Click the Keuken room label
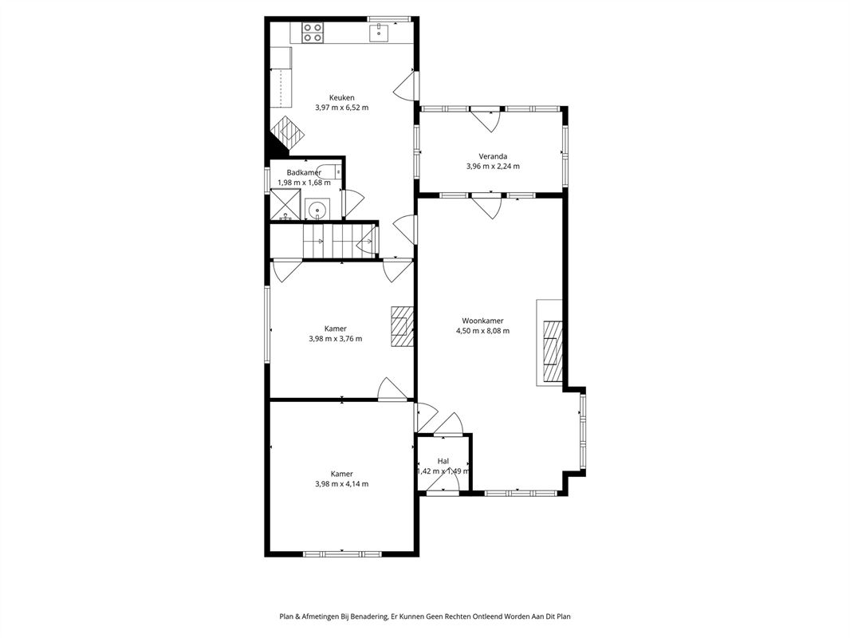pyautogui.click(x=341, y=97)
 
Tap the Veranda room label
pyautogui.click(x=493, y=156)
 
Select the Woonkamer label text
pyautogui.click(x=482, y=321)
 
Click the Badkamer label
pyautogui.click(x=304, y=172)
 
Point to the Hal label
pyautogui.click(x=443, y=461)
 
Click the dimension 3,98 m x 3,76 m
pyautogui.click(x=336, y=339)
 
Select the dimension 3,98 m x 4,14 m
pyautogui.click(x=341, y=484)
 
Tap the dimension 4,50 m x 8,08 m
pyautogui.click(x=482, y=331)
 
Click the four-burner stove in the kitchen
pyautogui.click(x=313, y=33)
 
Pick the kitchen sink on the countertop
pyautogui.click(x=380, y=33)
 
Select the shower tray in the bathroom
pyautogui.click(x=285, y=204)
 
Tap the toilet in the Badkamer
pyautogui.click(x=329, y=171)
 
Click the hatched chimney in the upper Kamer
pyautogui.click(x=402, y=325)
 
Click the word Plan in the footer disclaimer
pyautogui.click(x=285, y=616)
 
